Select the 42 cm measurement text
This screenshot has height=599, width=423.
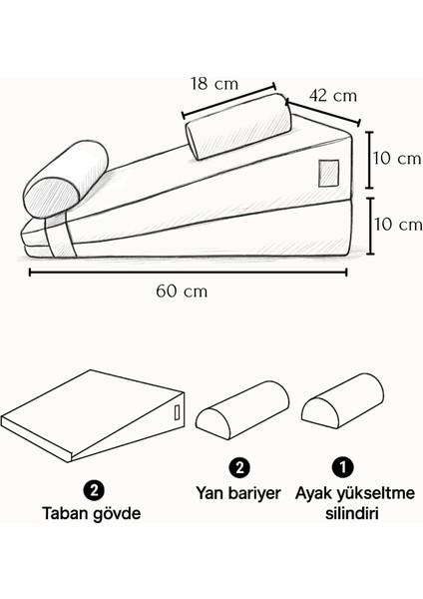click(333, 96)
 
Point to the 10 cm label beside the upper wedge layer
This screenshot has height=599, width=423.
click(396, 159)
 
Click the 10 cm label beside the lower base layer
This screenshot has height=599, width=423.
click(396, 225)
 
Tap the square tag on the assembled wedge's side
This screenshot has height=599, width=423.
click(328, 172)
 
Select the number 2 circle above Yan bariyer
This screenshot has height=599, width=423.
click(238, 466)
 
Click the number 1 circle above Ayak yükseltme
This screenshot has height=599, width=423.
click(341, 466)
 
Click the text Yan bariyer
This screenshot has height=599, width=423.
click(239, 493)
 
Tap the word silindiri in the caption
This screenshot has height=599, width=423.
click(341, 516)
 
